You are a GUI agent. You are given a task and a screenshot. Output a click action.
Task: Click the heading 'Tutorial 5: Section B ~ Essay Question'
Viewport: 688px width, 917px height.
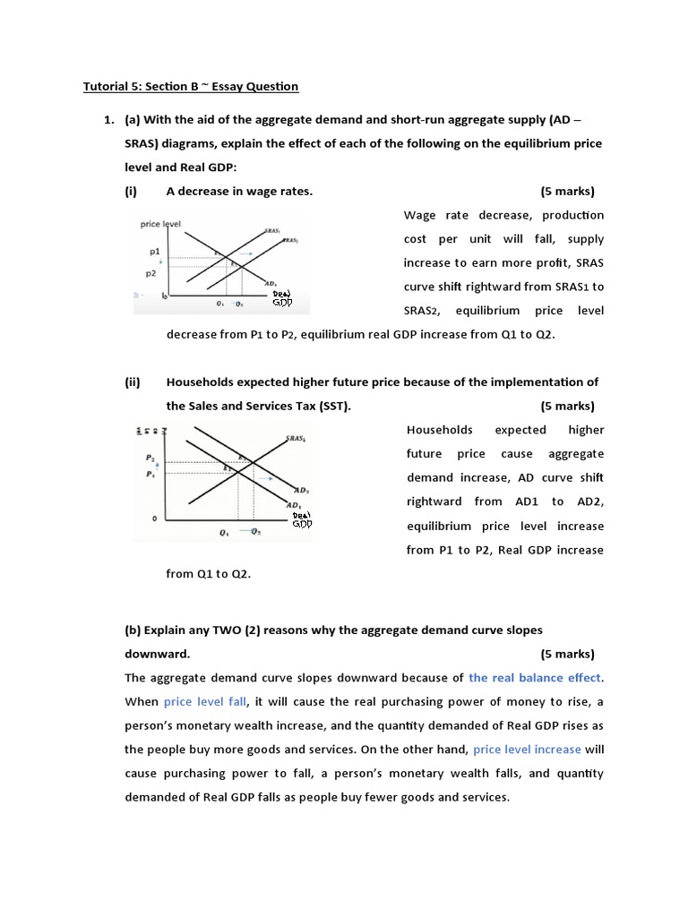click(191, 86)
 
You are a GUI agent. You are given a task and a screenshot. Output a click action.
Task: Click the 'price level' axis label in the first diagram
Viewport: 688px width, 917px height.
click(161, 224)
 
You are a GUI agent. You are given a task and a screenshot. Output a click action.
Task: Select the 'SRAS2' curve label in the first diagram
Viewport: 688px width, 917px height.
click(292, 241)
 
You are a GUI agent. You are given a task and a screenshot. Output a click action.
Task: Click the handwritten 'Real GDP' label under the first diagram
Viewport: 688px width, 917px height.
click(282, 297)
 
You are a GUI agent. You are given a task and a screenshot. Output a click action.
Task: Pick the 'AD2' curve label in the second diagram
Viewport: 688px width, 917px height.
click(302, 491)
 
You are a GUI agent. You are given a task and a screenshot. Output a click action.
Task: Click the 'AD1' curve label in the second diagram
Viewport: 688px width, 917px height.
click(294, 506)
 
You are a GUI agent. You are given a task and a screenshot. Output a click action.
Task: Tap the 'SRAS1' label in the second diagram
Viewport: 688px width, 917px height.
click(297, 439)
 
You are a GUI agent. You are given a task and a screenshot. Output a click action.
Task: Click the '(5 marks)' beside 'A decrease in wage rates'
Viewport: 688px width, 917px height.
click(567, 191)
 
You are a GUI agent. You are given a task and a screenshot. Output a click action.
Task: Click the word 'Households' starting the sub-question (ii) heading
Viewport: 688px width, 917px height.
click(200, 381)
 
